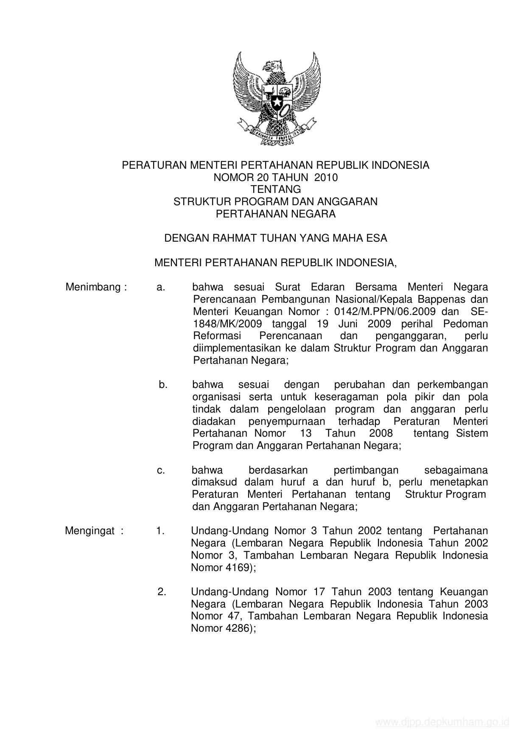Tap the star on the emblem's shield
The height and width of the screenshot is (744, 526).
[277, 103]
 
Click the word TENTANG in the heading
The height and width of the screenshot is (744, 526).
[276, 189]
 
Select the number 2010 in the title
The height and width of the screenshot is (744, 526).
[326, 178]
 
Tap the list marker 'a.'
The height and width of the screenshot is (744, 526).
[160, 287]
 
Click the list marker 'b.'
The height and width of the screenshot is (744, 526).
[163, 385]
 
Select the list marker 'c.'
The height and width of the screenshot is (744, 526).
[161, 470]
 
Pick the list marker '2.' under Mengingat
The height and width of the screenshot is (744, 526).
[162, 592]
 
